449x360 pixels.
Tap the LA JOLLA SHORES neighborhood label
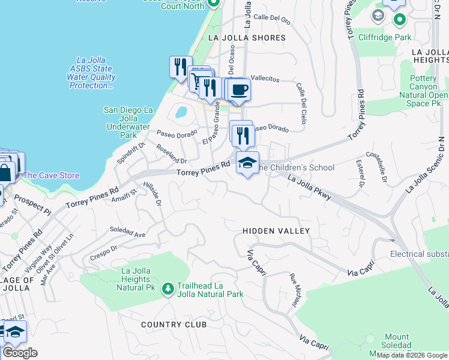click(246, 38)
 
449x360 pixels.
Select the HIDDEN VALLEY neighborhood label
click(276, 231)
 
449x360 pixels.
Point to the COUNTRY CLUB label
click(174, 325)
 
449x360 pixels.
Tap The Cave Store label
click(51, 175)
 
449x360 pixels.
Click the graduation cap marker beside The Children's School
click(247, 163)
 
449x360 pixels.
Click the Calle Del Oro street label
click(272, 19)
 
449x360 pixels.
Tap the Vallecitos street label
click(265, 79)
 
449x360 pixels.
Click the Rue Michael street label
click(295, 292)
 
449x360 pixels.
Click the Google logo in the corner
click(20, 353)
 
